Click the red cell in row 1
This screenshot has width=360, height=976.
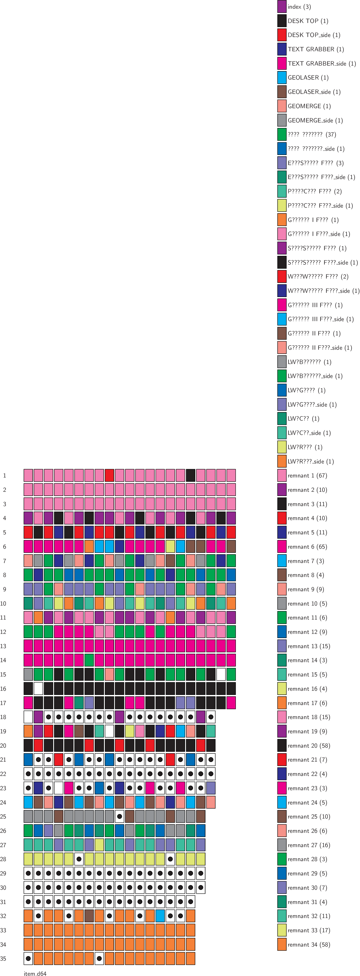109,475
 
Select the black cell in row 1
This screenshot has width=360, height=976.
191,475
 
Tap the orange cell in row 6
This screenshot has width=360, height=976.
89,546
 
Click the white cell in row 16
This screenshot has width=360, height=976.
38,688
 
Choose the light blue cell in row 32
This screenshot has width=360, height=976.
160,916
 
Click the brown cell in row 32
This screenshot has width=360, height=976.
89,916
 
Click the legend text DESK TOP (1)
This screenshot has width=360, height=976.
308,21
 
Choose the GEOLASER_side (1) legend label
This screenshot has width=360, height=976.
314,92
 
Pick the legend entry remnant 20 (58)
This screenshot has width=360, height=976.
308,746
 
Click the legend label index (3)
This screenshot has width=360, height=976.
299,7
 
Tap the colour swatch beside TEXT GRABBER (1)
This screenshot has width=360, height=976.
282,49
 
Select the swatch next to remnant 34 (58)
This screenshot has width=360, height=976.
282,945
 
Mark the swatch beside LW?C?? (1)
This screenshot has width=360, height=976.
282,419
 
